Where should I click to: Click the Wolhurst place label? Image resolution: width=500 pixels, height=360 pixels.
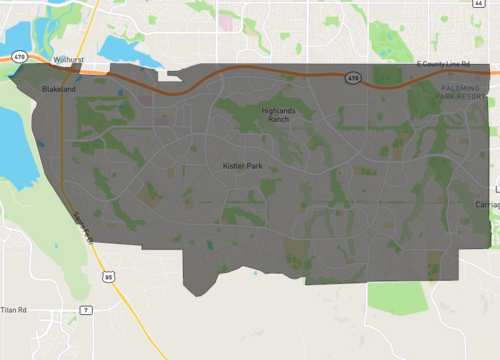[x=68, y=59]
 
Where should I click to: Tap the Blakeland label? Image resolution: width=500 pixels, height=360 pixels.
[x=59, y=89]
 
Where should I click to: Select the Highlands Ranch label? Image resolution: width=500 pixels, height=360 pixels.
[x=280, y=114]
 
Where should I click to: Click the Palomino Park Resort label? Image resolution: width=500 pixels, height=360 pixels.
[x=466, y=92]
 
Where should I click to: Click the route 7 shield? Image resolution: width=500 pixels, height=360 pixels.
[x=86, y=310]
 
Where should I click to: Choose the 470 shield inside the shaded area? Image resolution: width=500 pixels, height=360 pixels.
[x=352, y=77]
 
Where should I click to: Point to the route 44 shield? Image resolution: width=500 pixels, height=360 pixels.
[x=493, y=4]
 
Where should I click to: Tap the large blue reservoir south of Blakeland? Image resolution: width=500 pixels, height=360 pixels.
[x=15, y=140]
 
